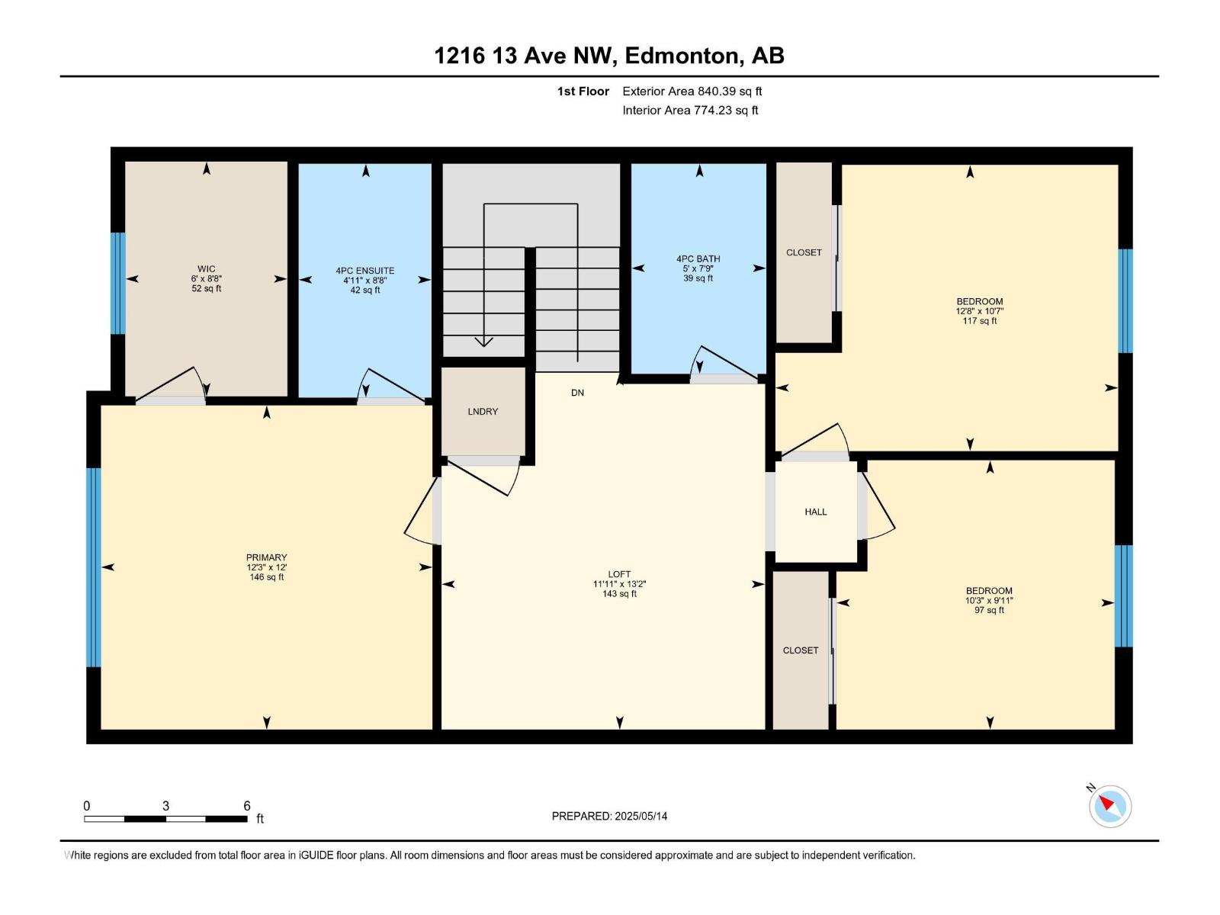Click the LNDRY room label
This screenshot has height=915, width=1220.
[x=483, y=412]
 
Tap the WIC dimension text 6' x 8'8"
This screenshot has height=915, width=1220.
[x=206, y=279]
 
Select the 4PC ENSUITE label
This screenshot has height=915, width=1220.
[x=365, y=271]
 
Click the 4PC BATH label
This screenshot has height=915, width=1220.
[x=698, y=259]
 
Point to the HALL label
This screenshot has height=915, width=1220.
[x=815, y=512]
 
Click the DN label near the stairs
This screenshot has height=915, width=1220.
[x=577, y=393]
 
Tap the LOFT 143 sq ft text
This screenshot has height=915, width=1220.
[x=619, y=594]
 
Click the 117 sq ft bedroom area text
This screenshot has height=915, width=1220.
[x=980, y=321]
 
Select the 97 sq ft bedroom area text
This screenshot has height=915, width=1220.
[x=989, y=610]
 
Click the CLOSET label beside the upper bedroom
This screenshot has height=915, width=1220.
[x=804, y=252]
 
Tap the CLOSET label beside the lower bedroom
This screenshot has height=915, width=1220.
[x=801, y=650]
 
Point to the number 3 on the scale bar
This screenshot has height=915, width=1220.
[x=165, y=806]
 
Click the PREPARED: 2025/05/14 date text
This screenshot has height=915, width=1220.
[x=609, y=816]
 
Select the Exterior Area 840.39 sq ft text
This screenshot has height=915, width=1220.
[x=692, y=91]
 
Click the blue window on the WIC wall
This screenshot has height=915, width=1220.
[x=117, y=283]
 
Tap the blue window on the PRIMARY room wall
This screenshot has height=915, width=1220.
[x=94, y=567]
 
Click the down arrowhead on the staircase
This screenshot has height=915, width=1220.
[x=483, y=342]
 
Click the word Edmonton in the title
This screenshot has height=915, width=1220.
[x=683, y=56]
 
